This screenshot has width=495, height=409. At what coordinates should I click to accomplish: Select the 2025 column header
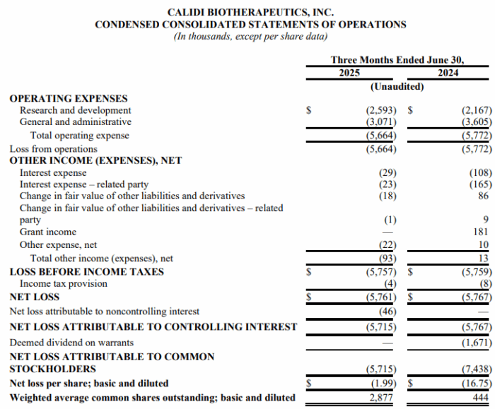pos(349,73)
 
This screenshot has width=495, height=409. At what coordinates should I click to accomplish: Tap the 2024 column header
pos(448,73)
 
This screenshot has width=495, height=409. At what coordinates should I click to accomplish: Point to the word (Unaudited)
pos(397,86)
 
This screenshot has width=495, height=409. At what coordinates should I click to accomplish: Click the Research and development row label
pos(76,110)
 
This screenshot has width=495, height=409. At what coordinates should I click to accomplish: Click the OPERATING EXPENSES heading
pos(69,99)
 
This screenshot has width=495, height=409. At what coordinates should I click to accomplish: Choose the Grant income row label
pos(48,232)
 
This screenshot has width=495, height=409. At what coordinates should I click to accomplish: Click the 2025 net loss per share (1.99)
pos(382,383)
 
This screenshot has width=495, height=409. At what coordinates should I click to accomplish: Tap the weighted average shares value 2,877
pos(383,398)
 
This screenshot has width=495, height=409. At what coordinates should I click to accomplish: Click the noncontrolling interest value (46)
pos(385,311)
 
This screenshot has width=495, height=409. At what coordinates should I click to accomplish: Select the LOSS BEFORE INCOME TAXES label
pos(86,271)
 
